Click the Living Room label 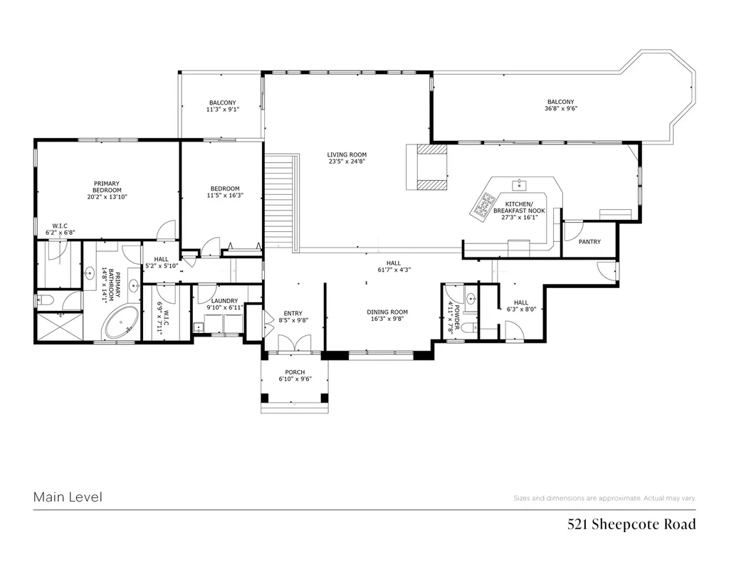point(347,154)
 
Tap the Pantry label point(589,242)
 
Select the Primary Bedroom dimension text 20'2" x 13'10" point(107,196)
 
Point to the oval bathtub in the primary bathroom point(121,322)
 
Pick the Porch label point(295,372)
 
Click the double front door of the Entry point(294,344)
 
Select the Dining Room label point(387,312)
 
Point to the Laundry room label point(224,301)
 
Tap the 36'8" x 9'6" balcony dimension point(561,109)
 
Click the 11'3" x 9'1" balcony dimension point(223,110)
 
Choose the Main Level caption point(68,497)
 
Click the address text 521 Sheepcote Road point(631,524)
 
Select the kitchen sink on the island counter point(520,185)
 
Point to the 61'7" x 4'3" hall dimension point(393,270)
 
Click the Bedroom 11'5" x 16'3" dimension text point(225,196)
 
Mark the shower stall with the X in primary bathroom point(59,327)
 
